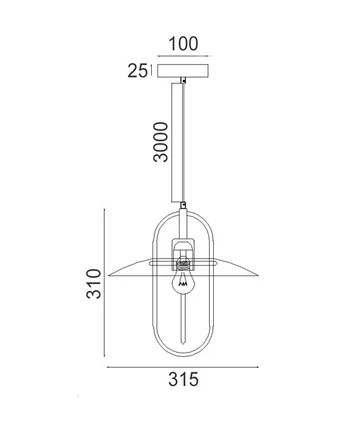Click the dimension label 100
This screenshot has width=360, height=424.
[183, 44]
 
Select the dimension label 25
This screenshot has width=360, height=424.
[137, 71]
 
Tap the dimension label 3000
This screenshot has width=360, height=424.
[160, 142]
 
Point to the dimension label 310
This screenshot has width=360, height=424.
[93, 283]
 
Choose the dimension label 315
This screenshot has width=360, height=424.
[183, 379]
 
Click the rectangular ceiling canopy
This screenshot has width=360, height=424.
[183, 71]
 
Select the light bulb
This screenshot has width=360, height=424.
[182, 282]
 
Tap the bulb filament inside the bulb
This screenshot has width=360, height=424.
[182, 284]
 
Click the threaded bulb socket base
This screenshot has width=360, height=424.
[182, 266]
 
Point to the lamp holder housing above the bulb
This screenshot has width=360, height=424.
[182, 250]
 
